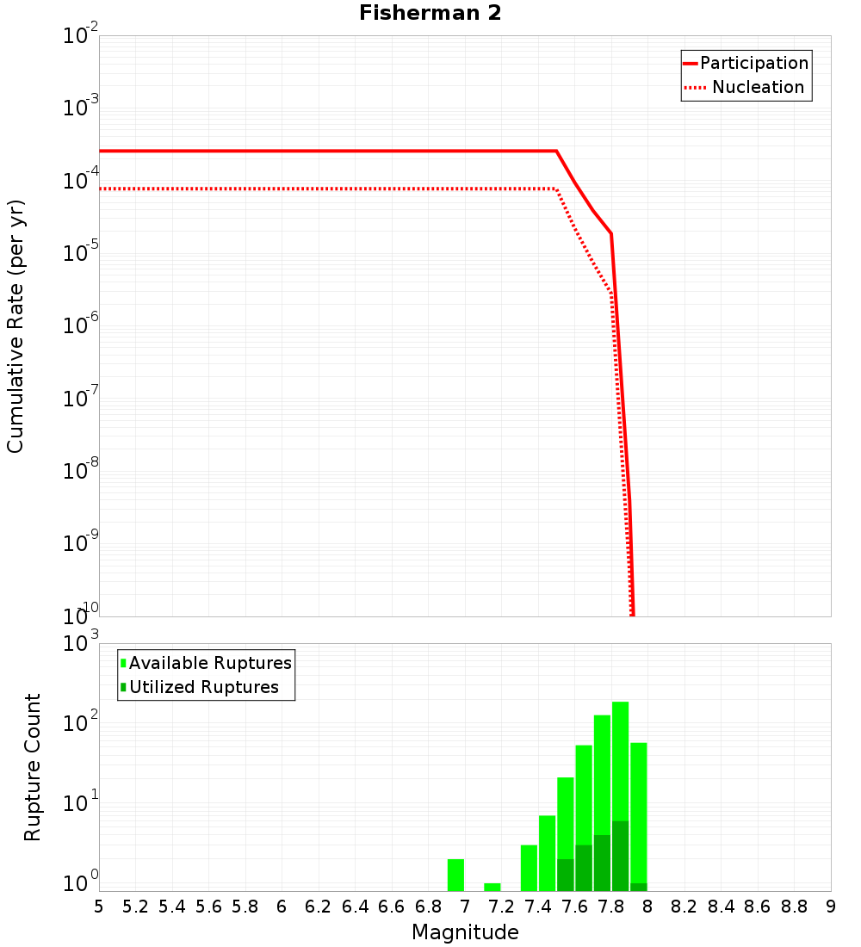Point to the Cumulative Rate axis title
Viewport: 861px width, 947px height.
15,326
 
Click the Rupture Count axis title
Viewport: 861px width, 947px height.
33,767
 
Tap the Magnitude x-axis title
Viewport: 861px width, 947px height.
465,932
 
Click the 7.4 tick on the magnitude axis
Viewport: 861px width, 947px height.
538,906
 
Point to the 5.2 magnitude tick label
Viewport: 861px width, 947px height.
136,906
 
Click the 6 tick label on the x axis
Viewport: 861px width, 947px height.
282,906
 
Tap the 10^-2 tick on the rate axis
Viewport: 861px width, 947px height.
81,37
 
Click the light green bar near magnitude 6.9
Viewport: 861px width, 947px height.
455,875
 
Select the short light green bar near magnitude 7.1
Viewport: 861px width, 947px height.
492,887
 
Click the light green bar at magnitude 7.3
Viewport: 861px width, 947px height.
529,868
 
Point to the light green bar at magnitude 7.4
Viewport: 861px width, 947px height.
547,853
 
